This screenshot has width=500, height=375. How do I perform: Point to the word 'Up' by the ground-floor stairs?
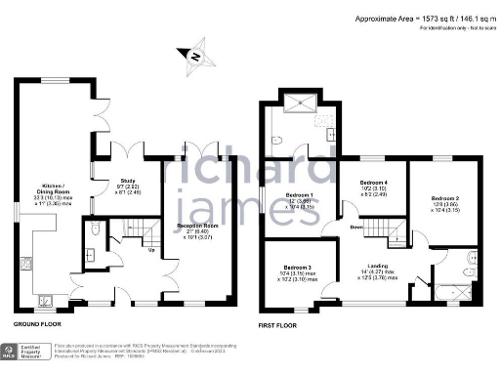click(150, 250)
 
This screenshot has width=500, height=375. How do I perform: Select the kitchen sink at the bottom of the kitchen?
click(46, 298)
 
